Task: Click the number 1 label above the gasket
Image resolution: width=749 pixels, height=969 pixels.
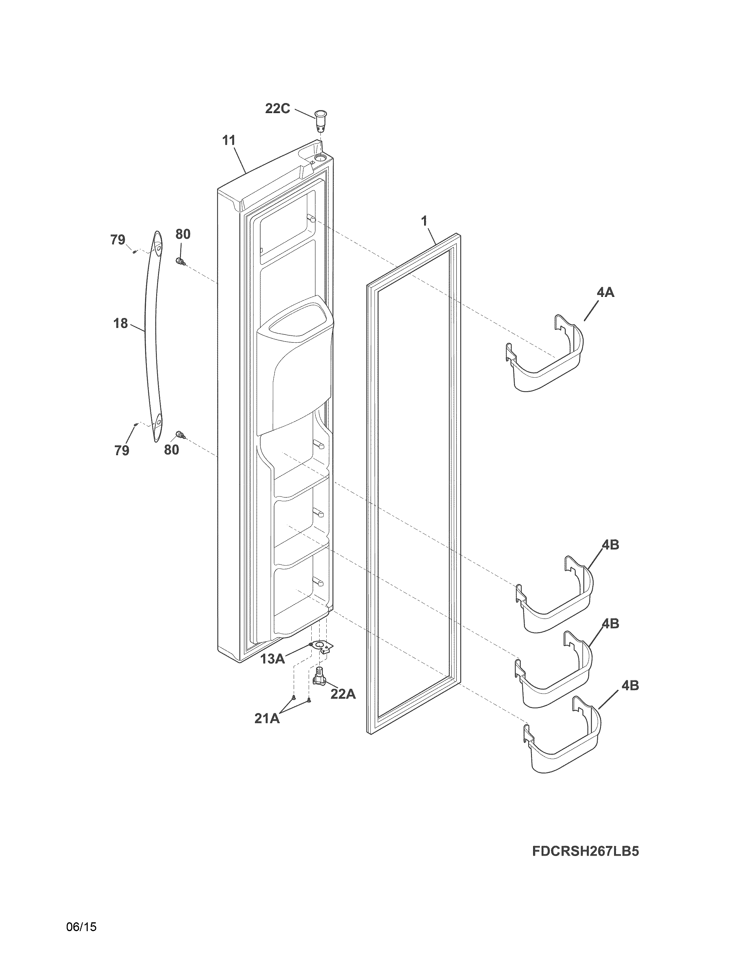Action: (x=424, y=221)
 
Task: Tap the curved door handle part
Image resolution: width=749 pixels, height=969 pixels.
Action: (x=151, y=337)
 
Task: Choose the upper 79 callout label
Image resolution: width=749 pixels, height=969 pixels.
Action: (x=117, y=240)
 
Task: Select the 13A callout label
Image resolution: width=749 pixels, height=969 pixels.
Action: (x=273, y=659)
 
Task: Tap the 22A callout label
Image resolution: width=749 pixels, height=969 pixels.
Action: (x=343, y=694)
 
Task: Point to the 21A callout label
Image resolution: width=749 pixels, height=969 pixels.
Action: (x=267, y=718)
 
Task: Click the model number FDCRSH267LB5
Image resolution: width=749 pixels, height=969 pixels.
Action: (x=585, y=852)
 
